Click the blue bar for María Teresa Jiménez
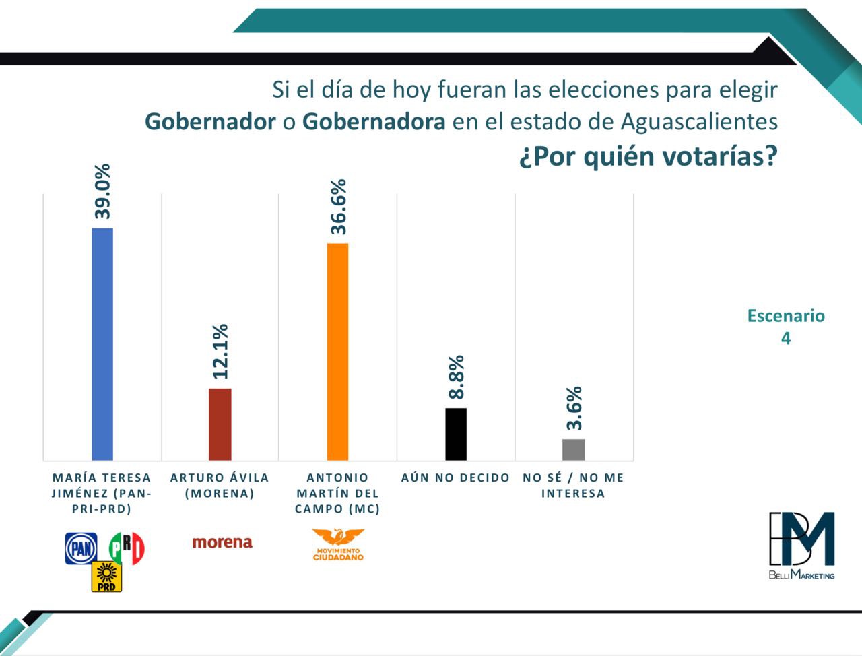click(x=102, y=343)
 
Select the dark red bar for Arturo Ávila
click(x=220, y=424)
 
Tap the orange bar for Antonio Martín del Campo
click(x=337, y=352)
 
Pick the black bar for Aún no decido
click(x=456, y=434)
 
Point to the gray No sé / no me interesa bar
click(x=573, y=449)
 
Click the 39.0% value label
click(x=103, y=191)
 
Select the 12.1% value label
click(x=220, y=351)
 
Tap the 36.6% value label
click(x=338, y=207)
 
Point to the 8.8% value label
click(x=456, y=377)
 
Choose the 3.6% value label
click(x=574, y=408)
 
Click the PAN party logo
click(x=81, y=548)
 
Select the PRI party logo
click(x=127, y=548)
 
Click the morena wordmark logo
click(x=222, y=542)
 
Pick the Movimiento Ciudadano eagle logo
click(x=338, y=544)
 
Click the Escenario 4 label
click(x=786, y=327)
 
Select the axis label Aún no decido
click(x=456, y=478)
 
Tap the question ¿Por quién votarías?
click(x=648, y=156)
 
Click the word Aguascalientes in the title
click(x=699, y=122)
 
